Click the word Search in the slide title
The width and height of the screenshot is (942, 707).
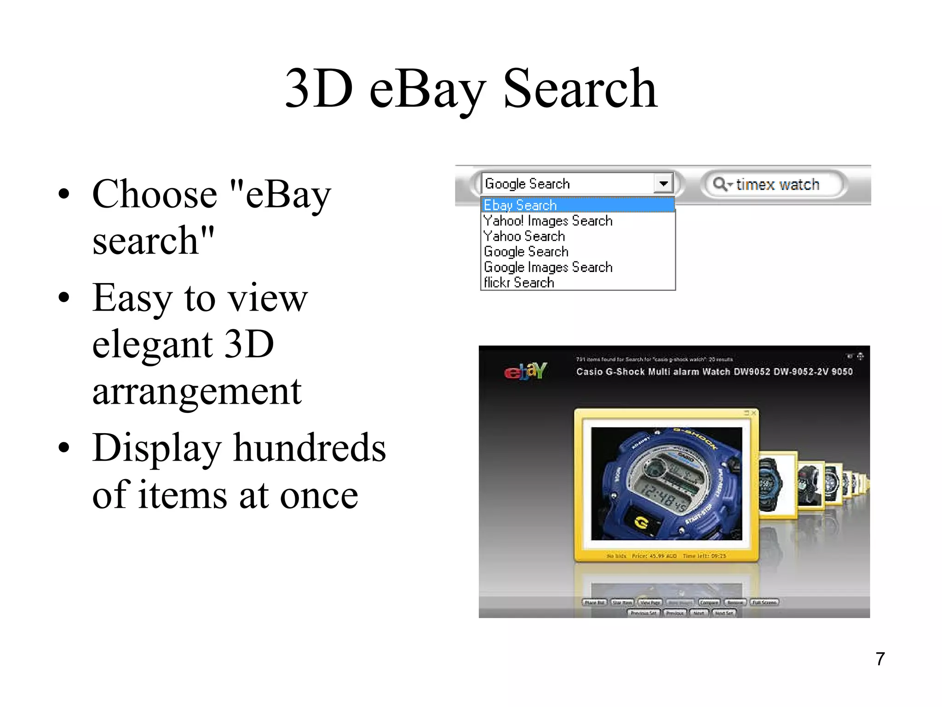(x=580, y=88)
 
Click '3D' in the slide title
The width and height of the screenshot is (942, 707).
(x=319, y=88)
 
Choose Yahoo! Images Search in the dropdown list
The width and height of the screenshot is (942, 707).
(x=548, y=221)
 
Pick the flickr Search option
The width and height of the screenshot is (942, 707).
(x=519, y=283)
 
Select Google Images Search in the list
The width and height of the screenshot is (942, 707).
(x=548, y=267)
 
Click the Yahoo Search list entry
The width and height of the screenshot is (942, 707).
(x=524, y=236)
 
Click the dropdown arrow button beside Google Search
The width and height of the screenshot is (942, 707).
(x=663, y=184)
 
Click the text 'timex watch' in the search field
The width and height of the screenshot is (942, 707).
(x=777, y=185)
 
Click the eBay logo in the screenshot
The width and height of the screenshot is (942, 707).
(x=525, y=371)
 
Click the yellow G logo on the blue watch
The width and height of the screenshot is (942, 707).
(x=641, y=522)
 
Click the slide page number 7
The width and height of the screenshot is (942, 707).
(x=880, y=659)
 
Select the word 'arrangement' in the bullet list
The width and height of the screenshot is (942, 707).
(x=197, y=392)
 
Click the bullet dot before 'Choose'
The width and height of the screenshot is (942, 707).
(x=64, y=194)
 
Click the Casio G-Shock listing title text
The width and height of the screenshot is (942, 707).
(x=714, y=372)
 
